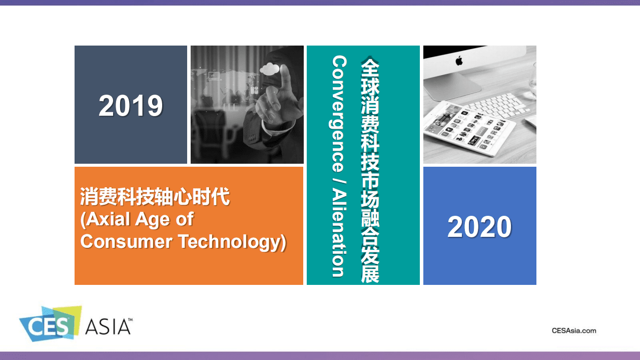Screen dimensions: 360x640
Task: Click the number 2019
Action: pos(131,106)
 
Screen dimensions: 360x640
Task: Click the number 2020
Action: pos(479,227)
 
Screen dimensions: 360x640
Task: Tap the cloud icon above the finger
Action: pos(270,69)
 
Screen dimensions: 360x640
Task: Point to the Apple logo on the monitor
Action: pos(459,61)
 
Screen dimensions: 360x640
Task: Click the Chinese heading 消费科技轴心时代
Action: pos(155,197)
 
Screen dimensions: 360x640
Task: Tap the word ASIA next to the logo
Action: pos(108,326)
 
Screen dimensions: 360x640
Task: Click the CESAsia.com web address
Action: pos(574,330)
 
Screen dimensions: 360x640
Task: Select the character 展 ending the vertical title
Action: pos(370,274)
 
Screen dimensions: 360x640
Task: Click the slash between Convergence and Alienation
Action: pos(339,180)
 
